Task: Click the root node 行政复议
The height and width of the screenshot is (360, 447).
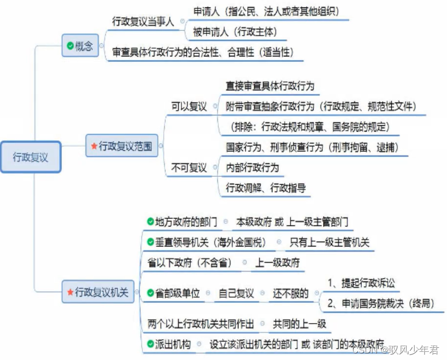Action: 31,157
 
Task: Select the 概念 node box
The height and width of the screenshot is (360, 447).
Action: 80,46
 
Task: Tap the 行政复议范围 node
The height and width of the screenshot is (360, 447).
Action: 122,146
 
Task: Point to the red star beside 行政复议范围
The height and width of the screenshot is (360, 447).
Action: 94,146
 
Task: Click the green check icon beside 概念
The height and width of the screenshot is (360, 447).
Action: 70,46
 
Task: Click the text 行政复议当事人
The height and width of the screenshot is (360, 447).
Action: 143,22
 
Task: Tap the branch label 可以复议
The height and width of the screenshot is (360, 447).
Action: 189,107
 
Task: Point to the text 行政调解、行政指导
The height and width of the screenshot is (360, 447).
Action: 266,188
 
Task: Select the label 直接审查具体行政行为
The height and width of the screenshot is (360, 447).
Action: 270,87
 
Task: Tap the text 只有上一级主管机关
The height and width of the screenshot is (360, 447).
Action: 329,243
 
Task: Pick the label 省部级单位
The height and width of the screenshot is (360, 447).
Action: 177,293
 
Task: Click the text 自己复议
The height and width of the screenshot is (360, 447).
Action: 236,293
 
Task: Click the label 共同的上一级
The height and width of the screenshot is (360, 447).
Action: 300,324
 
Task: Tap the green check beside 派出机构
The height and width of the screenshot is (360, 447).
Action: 150,344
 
